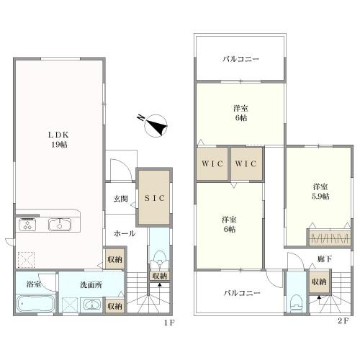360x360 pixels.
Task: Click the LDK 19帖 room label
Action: click(x=59, y=140)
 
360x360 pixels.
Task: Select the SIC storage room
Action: click(x=154, y=197)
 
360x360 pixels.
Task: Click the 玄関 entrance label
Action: click(x=120, y=199)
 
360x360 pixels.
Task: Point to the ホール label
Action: click(x=125, y=233)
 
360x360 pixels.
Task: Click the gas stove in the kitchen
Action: click(x=27, y=225)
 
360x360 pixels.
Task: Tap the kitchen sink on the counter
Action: click(x=60, y=225)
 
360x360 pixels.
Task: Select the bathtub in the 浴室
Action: click(x=36, y=303)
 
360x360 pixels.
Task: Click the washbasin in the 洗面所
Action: click(x=92, y=305)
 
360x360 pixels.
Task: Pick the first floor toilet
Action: click(x=159, y=258)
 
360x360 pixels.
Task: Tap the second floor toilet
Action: click(x=296, y=303)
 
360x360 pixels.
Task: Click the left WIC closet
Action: click(x=212, y=163)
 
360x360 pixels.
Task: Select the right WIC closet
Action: click(x=246, y=163)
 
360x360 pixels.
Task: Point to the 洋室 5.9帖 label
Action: click(x=320, y=192)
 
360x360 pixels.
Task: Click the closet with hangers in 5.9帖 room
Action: click(x=329, y=238)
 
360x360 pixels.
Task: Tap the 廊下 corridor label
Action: click(x=325, y=259)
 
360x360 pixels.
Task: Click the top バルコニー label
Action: click(x=240, y=59)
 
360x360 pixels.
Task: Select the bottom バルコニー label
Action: click(x=242, y=293)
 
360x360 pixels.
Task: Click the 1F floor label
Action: click(x=169, y=323)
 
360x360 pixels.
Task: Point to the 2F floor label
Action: click(x=343, y=321)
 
